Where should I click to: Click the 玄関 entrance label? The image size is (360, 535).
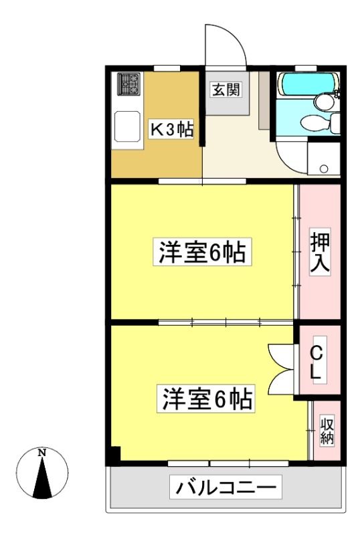pyautogui.click(x=226, y=90)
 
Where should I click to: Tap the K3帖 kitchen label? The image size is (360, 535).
pyautogui.click(x=172, y=129)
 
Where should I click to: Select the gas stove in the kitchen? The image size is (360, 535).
pyautogui.click(x=129, y=84)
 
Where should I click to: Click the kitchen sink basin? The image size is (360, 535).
pyautogui.click(x=127, y=126)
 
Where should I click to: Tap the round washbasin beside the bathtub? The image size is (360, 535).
pyautogui.click(x=324, y=102)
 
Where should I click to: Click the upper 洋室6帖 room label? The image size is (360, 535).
pyautogui.click(x=202, y=252)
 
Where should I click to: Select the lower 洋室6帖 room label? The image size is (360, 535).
pyautogui.click(x=207, y=398)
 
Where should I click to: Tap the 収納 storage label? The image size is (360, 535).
pyautogui.click(x=327, y=430)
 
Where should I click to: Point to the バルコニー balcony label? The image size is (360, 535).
pyautogui.click(x=226, y=488)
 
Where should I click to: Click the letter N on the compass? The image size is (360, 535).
pyautogui.click(x=42, y=453)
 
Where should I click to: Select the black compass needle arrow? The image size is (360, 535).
pyautogui.click(x=42, y=477)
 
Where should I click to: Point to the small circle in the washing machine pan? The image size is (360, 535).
pyautogui.click(x=324, y=169)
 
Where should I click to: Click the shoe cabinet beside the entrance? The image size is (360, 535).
pyautogui.click(x=264, y=101)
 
